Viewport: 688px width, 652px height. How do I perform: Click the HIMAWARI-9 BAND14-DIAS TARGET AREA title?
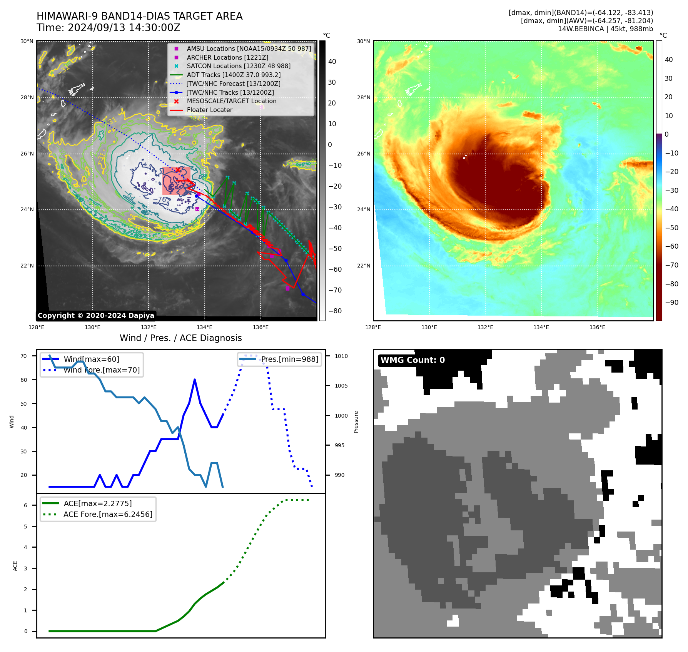point(139,16)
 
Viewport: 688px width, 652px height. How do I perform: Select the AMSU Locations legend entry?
point(249,48)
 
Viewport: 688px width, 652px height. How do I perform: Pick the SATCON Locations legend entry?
point(238,66)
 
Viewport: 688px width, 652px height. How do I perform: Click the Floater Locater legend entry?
point(209,110)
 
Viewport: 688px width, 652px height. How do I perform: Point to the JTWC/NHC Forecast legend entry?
point(233,84)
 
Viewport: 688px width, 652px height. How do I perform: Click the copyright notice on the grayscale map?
point(96,316)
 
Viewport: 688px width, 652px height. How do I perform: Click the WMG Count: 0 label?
point(412,360)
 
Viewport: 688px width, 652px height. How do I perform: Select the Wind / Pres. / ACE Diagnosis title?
point(180,338)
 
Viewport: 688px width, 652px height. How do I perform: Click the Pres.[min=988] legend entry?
point(289,359)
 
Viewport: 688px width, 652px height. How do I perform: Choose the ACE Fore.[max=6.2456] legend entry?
point(108,515)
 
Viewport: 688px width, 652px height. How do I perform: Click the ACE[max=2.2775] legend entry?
point(97,504)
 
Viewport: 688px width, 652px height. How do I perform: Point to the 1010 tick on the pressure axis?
point(341,356)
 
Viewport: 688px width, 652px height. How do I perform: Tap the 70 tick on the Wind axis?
point(24,356)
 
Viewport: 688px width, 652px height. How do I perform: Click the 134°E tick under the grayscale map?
point(204,328)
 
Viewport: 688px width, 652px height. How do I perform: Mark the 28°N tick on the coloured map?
point(364,97)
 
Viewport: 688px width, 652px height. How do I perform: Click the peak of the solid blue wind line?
point(195,379)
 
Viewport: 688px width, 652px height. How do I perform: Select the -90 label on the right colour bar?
point(672,303)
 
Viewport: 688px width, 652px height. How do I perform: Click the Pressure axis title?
point(356,422)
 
